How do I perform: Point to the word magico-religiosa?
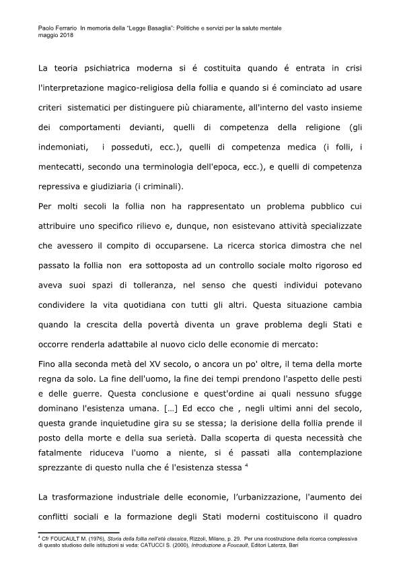(155, 88)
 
